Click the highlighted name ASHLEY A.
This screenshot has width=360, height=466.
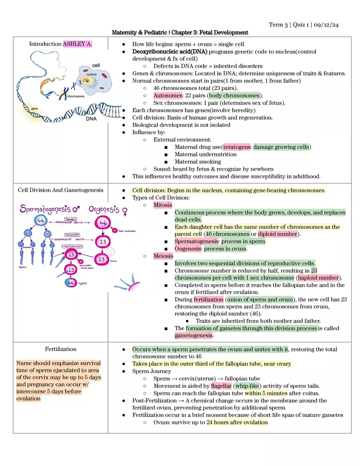[x=77, y=44]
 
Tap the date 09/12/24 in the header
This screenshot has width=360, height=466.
[x=326, y=25]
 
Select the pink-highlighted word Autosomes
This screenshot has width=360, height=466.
[x=168, y=95]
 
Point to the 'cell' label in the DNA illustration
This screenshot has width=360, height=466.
[x=96, y=65]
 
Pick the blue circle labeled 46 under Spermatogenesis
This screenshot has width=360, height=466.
[x=41, y=221]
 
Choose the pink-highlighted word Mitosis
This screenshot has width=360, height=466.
[x=163, y=205]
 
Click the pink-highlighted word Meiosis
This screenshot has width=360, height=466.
[x=163, y=256]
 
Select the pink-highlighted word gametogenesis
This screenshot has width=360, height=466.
[x=194, y=335]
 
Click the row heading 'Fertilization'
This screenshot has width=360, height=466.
[x=61, y=349]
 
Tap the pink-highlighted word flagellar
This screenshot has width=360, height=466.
[x=221, y=386]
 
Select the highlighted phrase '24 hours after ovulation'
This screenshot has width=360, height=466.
[x=237, y=423]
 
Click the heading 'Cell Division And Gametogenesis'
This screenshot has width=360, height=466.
[x=61, y=190]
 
